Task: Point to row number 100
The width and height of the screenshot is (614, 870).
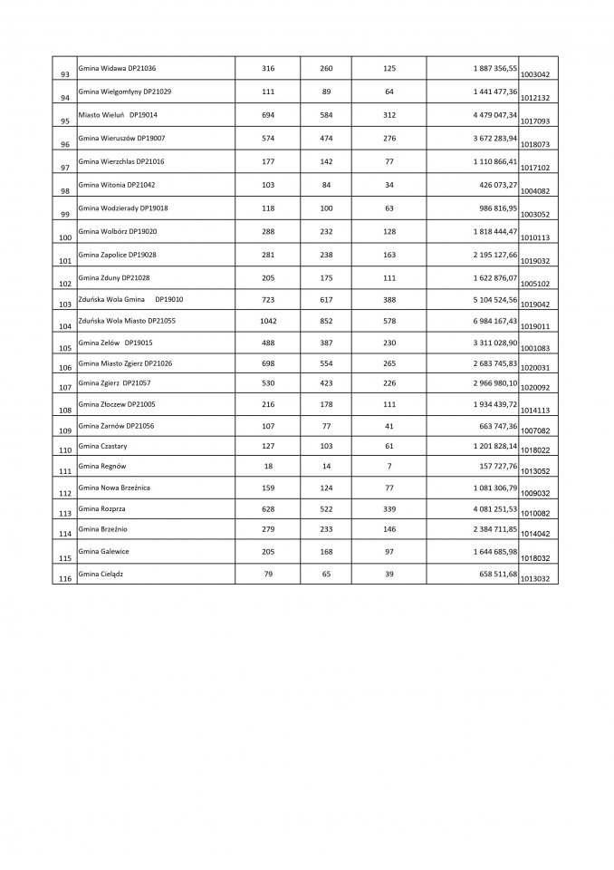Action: [64, 237]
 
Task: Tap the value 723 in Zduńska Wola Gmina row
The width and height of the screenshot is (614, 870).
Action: [267, 298]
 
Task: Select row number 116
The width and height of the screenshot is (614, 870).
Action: [64, 578]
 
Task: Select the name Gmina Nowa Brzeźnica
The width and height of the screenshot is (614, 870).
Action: [114, 488]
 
